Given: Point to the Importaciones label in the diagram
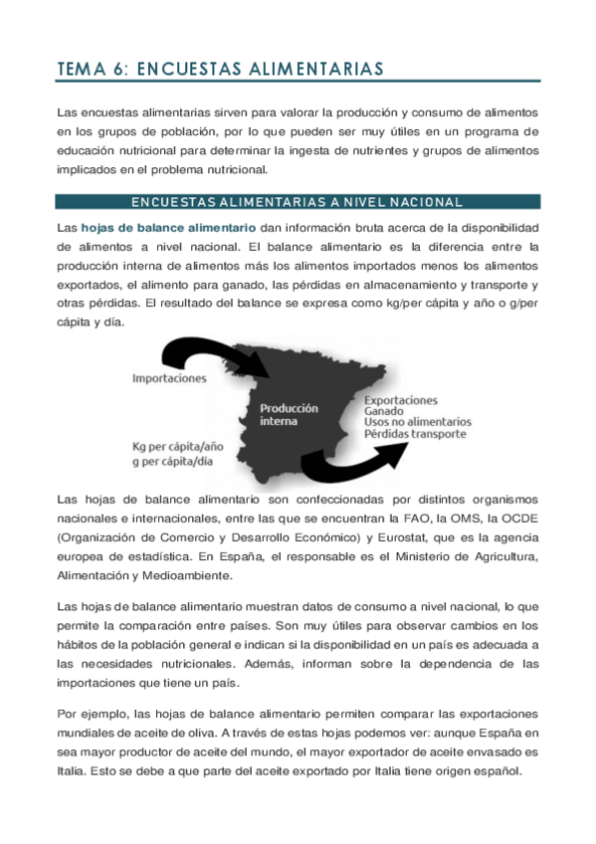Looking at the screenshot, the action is [x=169, y=378].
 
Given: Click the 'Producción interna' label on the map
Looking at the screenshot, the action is [x=290, y=414].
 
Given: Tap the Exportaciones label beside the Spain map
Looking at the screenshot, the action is [x=401, y=399].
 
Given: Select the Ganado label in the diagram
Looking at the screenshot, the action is [x=384, y=411].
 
